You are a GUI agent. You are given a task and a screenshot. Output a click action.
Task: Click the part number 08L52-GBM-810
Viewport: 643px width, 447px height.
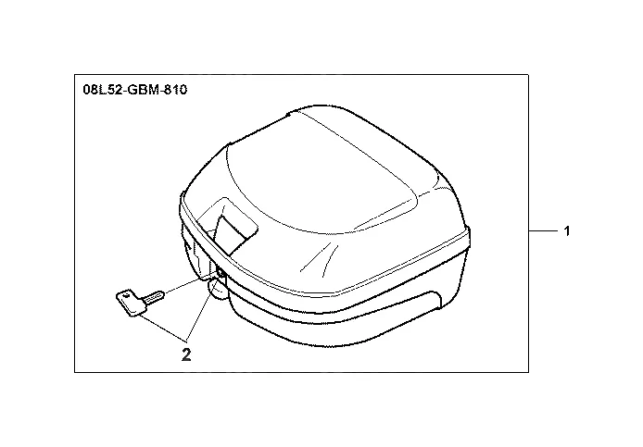[x=135, y=90]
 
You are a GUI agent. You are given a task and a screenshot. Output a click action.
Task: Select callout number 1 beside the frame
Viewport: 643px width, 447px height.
[x=567, y=231]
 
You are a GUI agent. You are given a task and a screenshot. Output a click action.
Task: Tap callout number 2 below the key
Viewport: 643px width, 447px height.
[x=186, y=354]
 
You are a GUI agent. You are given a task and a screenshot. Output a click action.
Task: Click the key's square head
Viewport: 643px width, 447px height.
[x=131, y=304]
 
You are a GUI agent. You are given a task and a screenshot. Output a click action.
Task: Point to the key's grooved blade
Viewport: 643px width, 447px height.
[x=154, y=296]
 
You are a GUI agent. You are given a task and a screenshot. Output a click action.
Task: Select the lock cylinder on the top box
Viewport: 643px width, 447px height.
[x=221, y=272]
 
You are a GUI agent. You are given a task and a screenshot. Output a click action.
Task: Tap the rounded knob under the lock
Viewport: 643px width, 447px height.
[x=218, y=290]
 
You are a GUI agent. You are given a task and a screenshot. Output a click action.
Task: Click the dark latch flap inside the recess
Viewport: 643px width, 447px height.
[x=232, y=234]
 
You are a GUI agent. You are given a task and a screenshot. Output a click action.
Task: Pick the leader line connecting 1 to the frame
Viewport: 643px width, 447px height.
[x=543, y=231]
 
